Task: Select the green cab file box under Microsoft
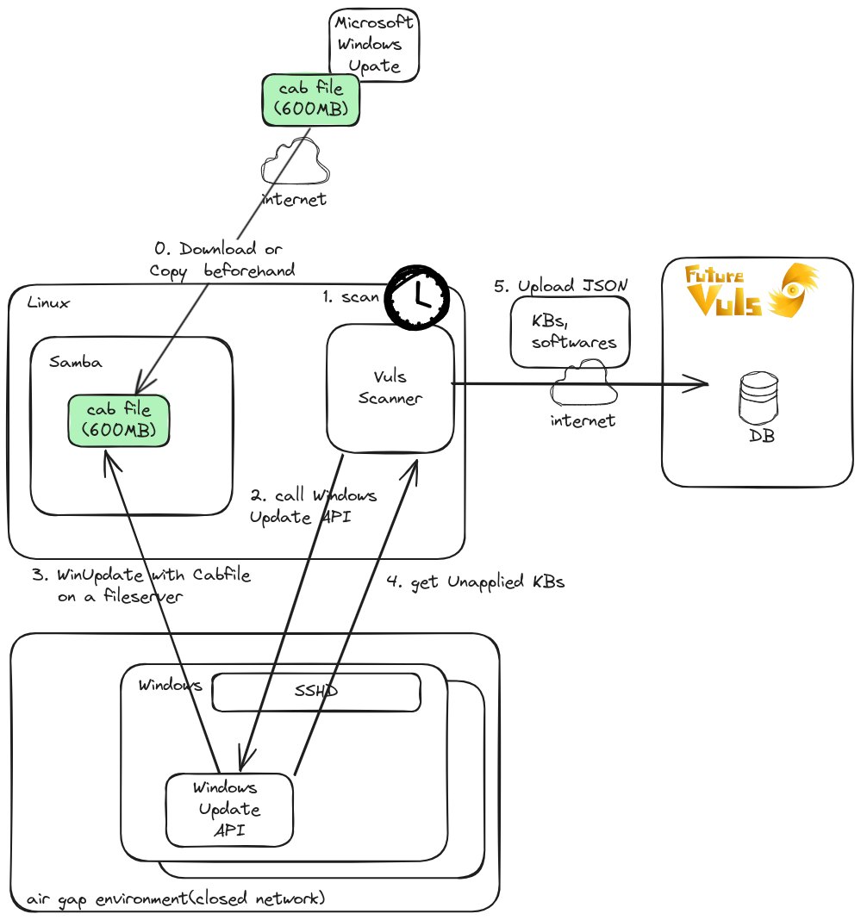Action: pos(310,99)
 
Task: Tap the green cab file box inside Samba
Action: pos(119,420)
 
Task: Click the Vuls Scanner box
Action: pos(390,389)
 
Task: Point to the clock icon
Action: pos(417,295)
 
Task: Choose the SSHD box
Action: pos(316,692)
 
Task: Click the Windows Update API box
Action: pos(229,810)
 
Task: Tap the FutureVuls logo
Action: pos(751,290)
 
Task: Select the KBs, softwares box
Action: pos(571,333)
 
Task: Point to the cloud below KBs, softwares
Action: pos(583,384)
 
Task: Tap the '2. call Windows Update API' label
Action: pos(313,507)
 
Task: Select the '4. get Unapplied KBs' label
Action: pos(475,582)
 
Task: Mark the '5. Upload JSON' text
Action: pos(560,285)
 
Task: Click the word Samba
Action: pos(75,362)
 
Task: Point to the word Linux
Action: pos(48,302)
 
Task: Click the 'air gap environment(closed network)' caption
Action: pos(175,899)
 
